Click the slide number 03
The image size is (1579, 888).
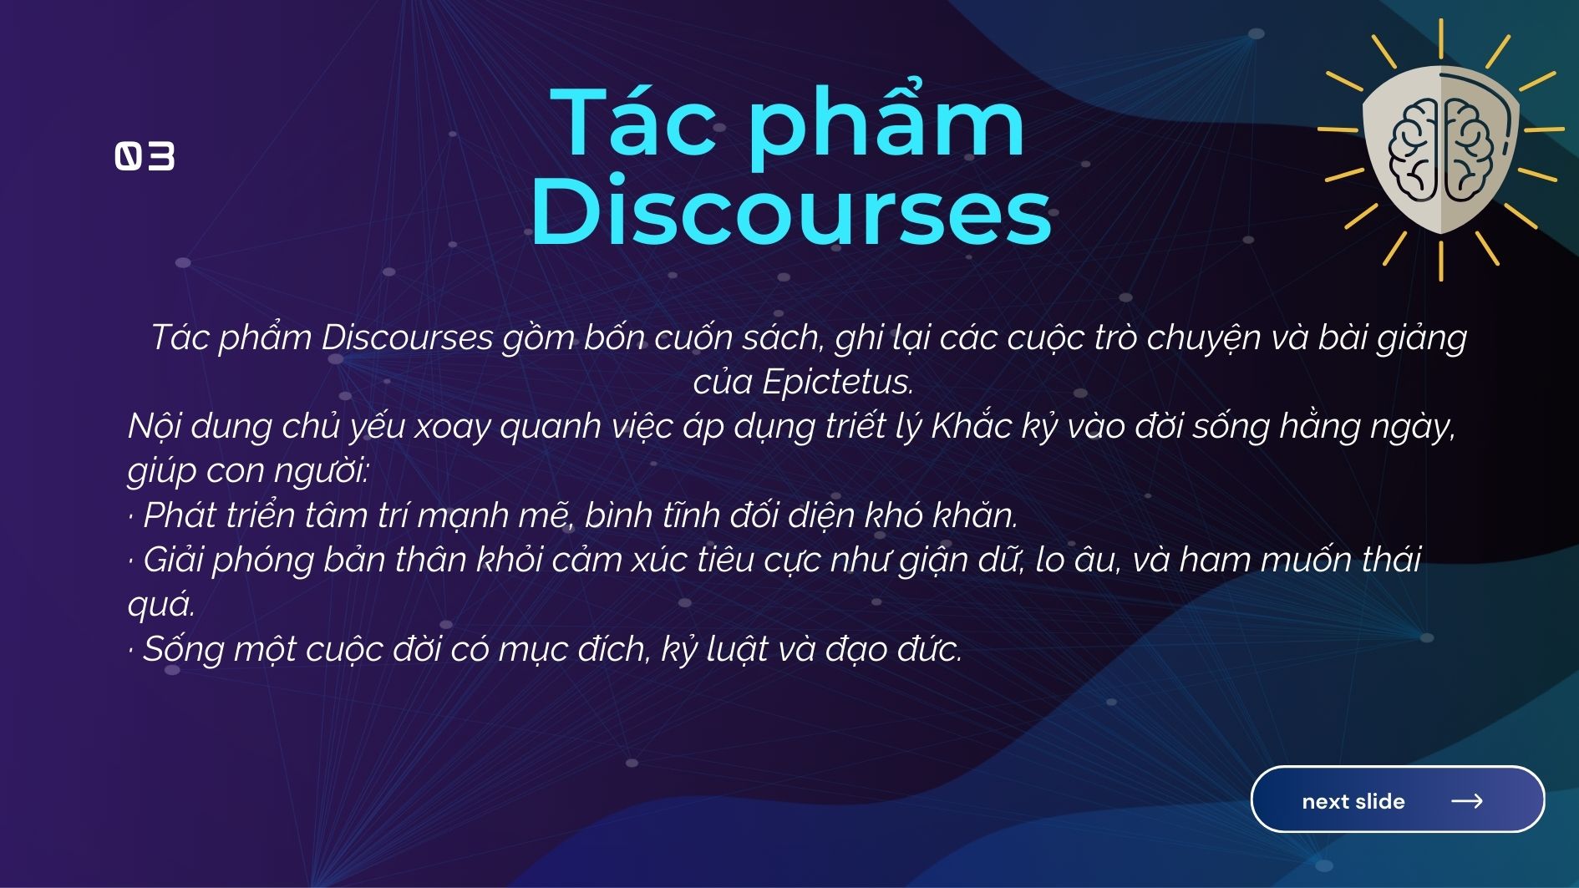pos(145,156)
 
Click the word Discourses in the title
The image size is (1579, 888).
pos(790,210)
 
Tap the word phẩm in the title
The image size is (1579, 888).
pos(886,121)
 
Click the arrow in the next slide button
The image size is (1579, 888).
pos(1467,800)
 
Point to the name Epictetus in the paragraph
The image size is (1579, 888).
pos(837,382)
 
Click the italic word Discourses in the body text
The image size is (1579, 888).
pos(407,337)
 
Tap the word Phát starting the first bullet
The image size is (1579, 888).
pos(177,515)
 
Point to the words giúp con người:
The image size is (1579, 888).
pos(248,471)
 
